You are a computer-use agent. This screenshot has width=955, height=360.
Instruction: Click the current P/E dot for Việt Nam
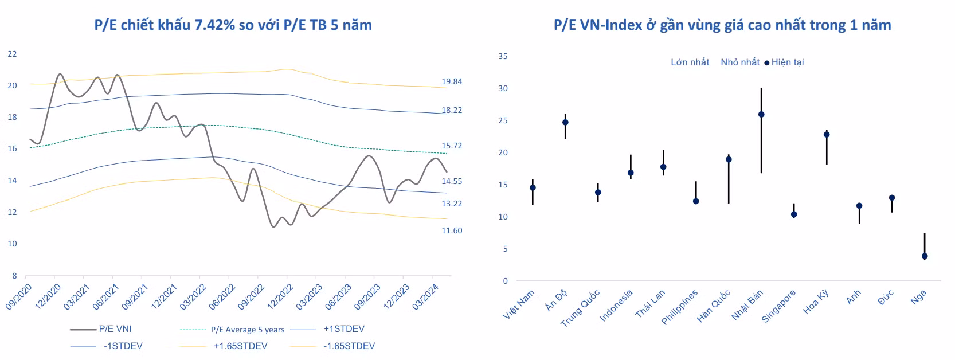[533, 188]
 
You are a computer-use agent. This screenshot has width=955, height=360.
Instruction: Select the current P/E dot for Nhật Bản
[761, 115]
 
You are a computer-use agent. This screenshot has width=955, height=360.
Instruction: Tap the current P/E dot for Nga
[925, 256]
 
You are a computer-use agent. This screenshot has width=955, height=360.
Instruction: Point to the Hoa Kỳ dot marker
[827, 135]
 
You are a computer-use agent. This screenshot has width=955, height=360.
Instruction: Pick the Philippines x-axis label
[680, 307]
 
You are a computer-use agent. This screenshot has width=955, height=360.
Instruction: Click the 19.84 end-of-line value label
[452, 81]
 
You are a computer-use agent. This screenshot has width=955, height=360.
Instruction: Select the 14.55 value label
[452, 181]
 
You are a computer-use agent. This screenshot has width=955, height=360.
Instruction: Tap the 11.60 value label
[452, 230]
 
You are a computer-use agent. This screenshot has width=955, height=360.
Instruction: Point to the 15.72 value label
[452, 146]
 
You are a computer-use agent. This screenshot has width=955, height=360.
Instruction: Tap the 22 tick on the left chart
[12, 54]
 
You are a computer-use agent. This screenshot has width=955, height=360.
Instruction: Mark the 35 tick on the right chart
[503, 56]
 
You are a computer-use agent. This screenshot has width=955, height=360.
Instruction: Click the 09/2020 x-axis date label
[18, 297]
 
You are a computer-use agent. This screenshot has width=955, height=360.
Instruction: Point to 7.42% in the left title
[215, 25]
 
